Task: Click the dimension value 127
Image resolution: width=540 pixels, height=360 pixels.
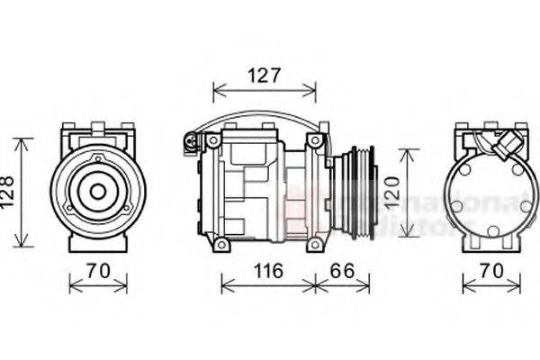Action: [x=265, y=76]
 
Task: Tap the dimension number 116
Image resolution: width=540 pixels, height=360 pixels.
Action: [x=267, y=270]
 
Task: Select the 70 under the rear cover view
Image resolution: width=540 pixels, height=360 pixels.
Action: [x=491, y=270]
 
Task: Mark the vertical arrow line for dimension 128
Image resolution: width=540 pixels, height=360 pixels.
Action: [x=23, y=193]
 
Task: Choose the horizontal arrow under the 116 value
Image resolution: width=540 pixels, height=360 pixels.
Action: [x=267, y=285]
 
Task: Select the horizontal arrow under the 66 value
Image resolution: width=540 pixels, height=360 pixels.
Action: [x=342, y=285]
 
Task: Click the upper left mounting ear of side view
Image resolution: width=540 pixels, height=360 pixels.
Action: [x=213, y=141]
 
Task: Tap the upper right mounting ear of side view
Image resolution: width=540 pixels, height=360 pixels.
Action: [x=315, y=141]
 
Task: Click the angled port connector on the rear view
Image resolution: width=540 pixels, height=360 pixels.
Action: [x=509, y=144]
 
